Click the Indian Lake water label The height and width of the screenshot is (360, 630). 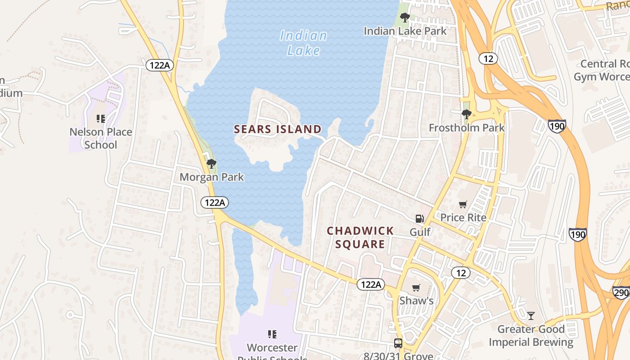pyautogui.click(x=303, y=43)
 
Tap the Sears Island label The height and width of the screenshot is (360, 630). pyautogui.click(x=278, y=130)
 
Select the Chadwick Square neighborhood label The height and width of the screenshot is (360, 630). pyautogui.click(x=360, y=238)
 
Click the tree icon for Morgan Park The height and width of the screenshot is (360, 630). pyautogui.click(x=211, y=164)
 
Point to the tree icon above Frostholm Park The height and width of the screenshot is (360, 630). pyautogui.click(x=467, y=114)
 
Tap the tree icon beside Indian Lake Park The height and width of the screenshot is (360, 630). pyautogui.click(x=405, y=18)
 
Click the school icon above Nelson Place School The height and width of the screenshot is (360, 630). pyautogui.click(x=101, y=119)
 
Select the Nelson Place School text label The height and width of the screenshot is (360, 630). pyautogui.click(x=101, y=138)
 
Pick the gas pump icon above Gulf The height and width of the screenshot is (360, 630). pyautogui.click(x=419, y=219)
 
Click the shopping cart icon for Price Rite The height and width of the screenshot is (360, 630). pyautogui.click(x=463, y=205)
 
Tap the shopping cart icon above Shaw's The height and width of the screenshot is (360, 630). pyautogui.click(x=416, y=288)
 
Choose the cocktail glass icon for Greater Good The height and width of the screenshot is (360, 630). pyautogui.click(x=531, y=315)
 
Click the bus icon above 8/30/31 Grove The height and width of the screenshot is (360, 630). pyautogui.click(x=398, y=343)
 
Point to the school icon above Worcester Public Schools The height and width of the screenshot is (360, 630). pyautogui.click(x=272, y=334)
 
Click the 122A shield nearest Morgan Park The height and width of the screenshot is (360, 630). pyautogui.click(x=215, y=202)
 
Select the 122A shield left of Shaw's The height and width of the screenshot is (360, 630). pyautogui.click(x=371, y=284)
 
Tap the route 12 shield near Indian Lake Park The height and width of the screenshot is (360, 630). pyautogui.click(x=488, y=58)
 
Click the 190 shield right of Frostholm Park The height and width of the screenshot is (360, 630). pyautogui.click(x=557, y=126)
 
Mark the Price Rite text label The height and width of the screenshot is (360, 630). pyautogui.click(x=463, y=218)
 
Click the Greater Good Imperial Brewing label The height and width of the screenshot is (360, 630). pyautogui.click(x=531, y=336)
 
